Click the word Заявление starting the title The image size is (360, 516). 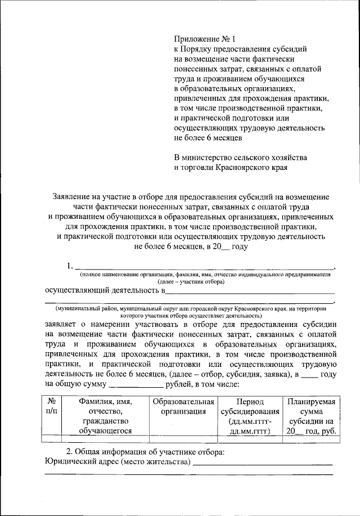click(x=72, y=196)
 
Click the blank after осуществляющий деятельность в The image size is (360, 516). click(x=251, y=292)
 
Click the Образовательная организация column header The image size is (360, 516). click(x=183, y=406)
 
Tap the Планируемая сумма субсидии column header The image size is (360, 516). click(x=310, y=416)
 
